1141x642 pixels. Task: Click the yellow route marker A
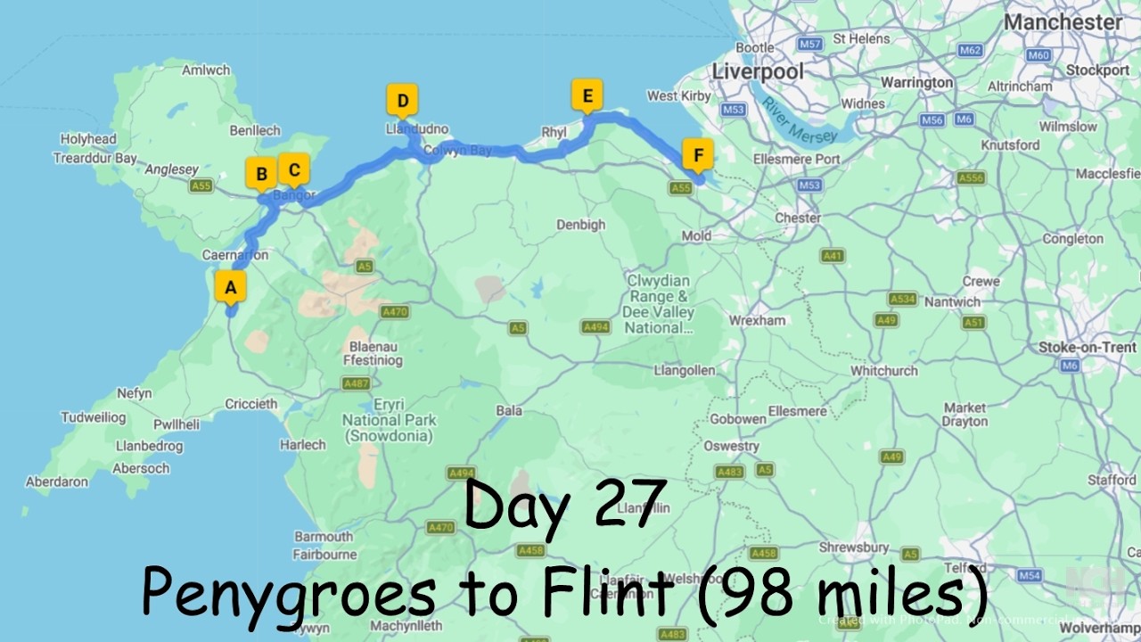coord(231,287)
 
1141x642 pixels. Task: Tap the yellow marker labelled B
coord(261,174)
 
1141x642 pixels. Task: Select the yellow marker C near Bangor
coord(293,168)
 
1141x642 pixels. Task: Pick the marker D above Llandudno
coord(402,101)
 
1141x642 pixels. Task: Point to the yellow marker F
coord(698,155)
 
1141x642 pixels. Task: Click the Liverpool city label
coord(758,71)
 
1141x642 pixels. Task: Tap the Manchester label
coord(1063,22)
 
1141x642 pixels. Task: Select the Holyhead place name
coord(88,139)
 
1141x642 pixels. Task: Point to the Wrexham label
coord(758,320)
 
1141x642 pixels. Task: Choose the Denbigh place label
coord(581,225)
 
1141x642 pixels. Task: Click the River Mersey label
coord(799,120)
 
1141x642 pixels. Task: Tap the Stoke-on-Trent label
coord(1087,347)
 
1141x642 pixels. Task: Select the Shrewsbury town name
coord(854,547)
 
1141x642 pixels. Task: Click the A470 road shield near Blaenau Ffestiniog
coord(394,312)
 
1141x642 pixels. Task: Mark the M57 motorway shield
coord(809,44)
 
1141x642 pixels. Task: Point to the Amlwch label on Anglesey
coord(206,70)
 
